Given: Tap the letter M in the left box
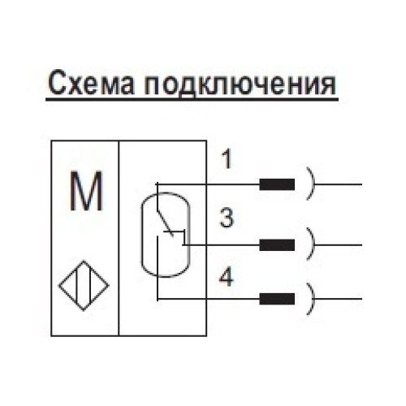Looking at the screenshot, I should click(x=85, y=192).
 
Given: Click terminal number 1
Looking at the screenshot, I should click(x=227, y=160).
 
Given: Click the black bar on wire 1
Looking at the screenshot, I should click(x=277, y=184).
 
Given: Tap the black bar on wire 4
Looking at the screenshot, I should click(x=277, y=298).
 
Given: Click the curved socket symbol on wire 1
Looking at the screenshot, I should click(x=311, y=184).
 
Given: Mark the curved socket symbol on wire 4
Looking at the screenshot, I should click(x=311, y=298).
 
